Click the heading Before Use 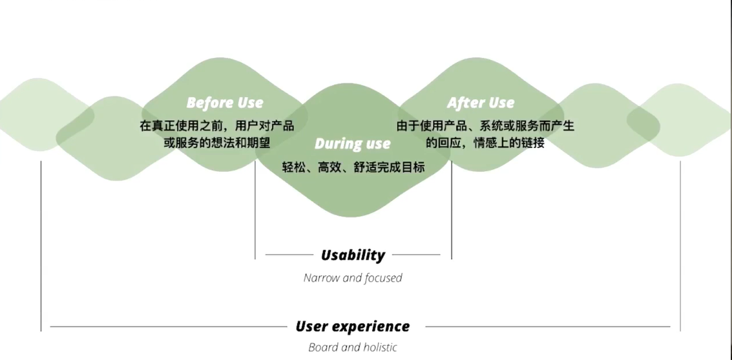pyautogui.click(x=225, y=103)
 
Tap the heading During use pyautogui.click(x=353, y=143)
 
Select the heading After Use pyautogui.click(x=481, y=103)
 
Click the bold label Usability pyautogui.click(x=353, y=255)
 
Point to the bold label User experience pyautogui.click(x=353, y=326)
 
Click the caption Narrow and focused pyautogui.click(x=353, y=278)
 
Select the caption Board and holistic pyautogui.click(x=353, y=347)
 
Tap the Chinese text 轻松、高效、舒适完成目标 pyautogui.click(x=353, y=167)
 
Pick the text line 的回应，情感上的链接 pyautogui.click(x=485, y=143)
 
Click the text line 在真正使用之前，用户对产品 pyautogui.click(x=217, y=126)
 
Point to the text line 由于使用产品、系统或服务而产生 pyautogui.click(x=485, y=126)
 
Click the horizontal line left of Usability pyautogui.click(x=289, y=255)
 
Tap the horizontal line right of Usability pyautogui.click(x=416, y=255)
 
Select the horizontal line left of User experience pyautogui.click(x=168, y=327)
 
